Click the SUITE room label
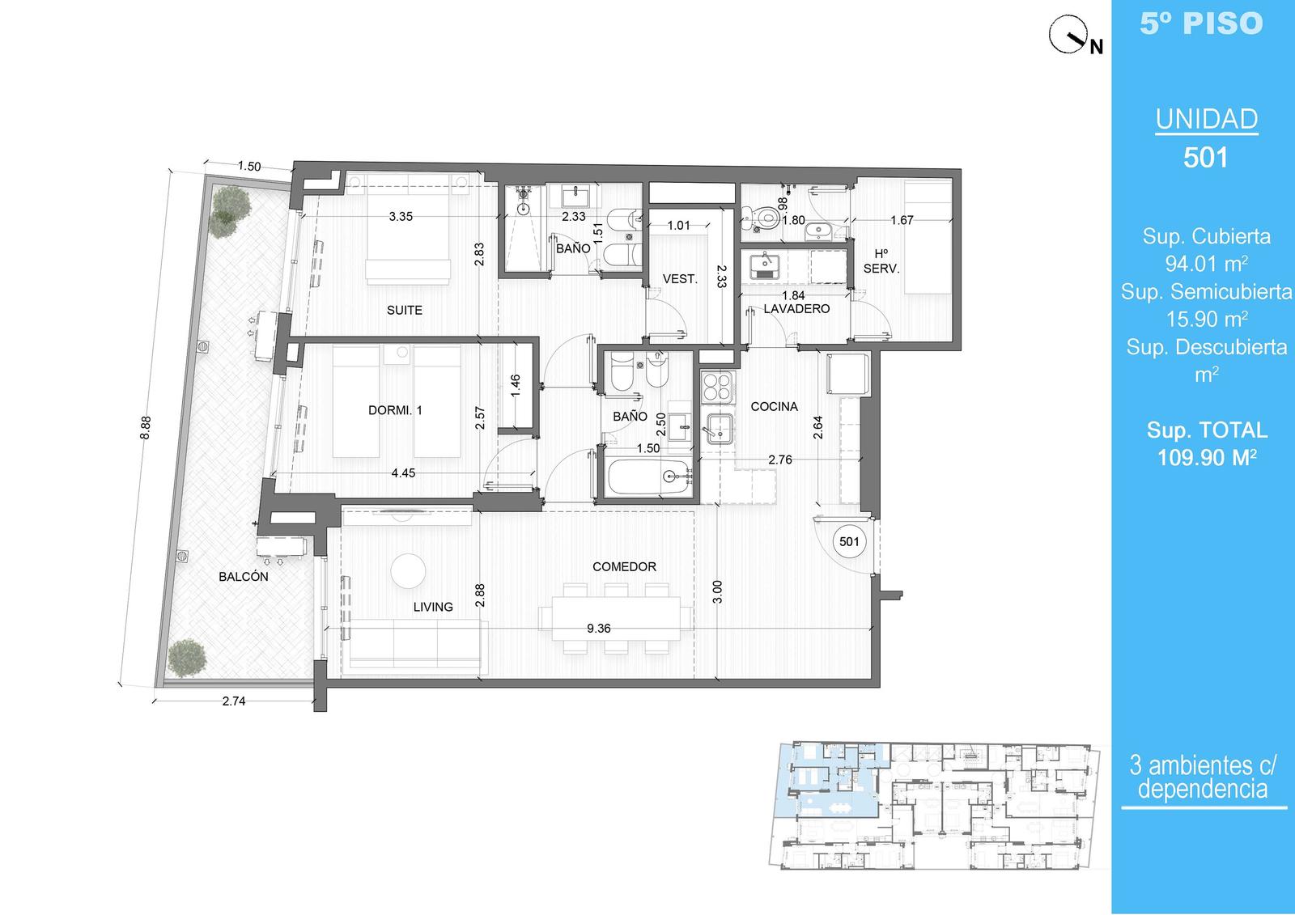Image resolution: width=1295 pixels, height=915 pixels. point(404,311)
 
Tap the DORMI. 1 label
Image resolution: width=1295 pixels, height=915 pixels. point(395,410)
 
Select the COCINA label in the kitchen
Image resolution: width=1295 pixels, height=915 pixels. point(774,406)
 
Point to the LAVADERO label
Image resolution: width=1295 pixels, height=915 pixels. point(796,309)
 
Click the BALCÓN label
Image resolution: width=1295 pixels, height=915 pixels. point(244,576)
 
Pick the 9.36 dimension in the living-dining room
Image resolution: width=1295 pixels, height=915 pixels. point(598,629)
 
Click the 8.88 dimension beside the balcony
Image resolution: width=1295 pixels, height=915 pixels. point(145,428)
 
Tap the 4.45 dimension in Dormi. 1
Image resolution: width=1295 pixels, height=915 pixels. point(403,472)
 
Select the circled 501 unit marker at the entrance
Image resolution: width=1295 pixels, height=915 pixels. point(849,541)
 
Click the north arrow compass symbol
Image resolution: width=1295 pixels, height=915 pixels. point(1068,35)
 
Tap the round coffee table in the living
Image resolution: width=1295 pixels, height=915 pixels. point(408,570)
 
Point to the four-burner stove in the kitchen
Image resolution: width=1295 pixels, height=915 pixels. point(717,388)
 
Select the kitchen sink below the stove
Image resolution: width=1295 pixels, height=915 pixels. point(720,428)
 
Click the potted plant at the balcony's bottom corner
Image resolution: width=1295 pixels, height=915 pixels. point(187,658)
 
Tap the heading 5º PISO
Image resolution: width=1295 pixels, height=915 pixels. point(1201,23)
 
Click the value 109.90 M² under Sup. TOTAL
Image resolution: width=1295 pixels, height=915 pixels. point(1207,457)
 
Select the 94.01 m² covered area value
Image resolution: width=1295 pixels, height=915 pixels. point(1206,264)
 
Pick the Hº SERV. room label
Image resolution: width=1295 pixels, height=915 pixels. point(881,261)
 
